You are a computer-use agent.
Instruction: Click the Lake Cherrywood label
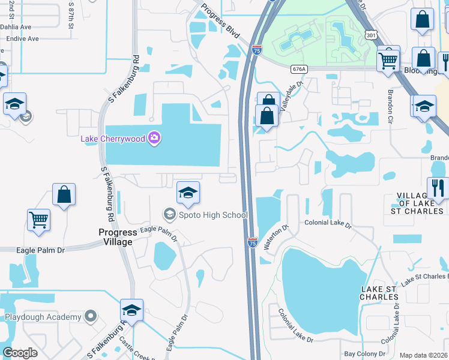point(114,139)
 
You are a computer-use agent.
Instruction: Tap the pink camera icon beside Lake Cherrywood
point(154,139)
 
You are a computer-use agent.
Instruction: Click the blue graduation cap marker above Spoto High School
point(188,193)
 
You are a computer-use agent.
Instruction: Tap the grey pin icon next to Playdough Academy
point(90,316)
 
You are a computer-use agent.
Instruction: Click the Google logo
point(20,353)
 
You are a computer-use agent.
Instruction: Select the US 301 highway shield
point(370,37)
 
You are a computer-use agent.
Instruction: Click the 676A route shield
point(299,69)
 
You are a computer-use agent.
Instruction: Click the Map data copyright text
point(423,355)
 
